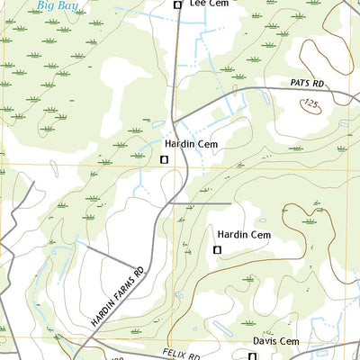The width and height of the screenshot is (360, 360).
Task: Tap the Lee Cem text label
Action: [209, 4]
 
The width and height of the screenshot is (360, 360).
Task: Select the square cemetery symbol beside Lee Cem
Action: [177, 5]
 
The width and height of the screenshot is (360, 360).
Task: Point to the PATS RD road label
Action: [307, 83]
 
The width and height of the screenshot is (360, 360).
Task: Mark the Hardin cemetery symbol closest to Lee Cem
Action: [164, 159]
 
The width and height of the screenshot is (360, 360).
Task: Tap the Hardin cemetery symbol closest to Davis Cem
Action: [216, 249]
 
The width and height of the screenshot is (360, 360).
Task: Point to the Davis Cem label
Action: [275, 341]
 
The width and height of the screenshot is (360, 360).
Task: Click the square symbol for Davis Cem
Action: [251, 356]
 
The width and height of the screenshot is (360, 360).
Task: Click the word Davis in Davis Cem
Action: [265, 341]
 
